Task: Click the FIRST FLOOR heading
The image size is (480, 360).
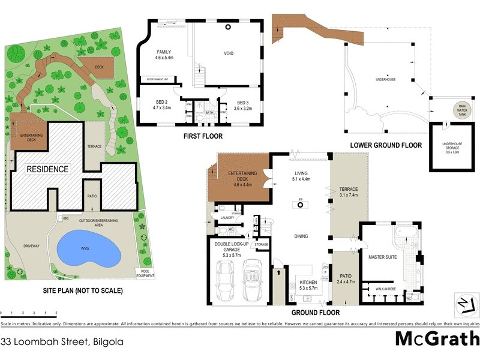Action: tap(203, 136)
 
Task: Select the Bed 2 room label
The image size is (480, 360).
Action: tap(163, 105)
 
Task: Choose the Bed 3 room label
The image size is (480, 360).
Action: tap(242, 105)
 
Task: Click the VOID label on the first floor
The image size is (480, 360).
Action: tap(229, 53)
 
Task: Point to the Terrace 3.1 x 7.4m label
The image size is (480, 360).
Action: tap(348, 191)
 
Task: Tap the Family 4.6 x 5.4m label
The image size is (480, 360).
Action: tap(164, 55)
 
